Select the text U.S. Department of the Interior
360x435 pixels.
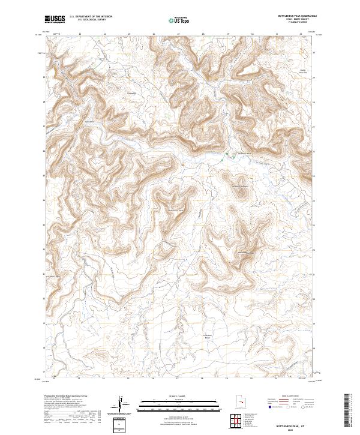pyautogui.click(x=91, y=16)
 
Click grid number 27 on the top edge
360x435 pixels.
pyautogui.click(x=178, y=34)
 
